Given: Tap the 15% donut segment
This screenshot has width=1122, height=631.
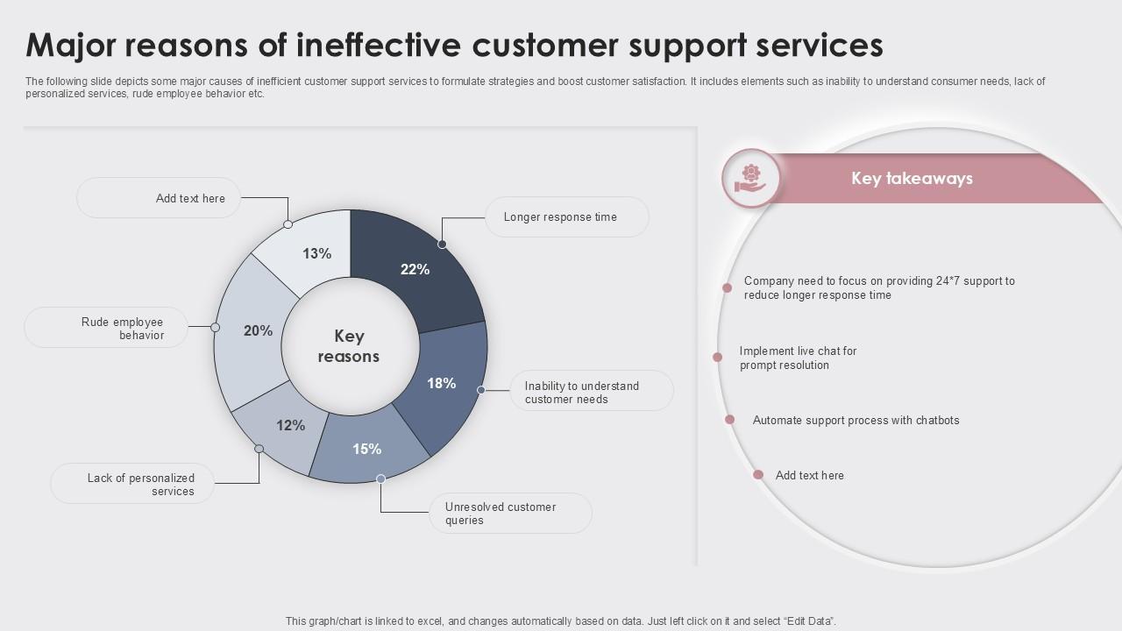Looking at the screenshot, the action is click(366, 449).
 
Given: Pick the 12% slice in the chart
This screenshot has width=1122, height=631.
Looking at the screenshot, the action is click(290, 426).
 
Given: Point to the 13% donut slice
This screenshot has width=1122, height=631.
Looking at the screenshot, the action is click(316, 253).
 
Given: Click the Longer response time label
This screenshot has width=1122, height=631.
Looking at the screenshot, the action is click(560, 217).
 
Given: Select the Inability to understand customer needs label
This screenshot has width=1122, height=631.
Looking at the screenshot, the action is click(582, 393).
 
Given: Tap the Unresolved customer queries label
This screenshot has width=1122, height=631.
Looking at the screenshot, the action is click(501, 514).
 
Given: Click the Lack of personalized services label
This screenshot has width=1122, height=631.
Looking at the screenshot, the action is click(140, 485).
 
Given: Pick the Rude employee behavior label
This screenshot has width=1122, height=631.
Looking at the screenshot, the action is click(123, 329).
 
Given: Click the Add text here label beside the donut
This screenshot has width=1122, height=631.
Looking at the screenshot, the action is click(190, 199).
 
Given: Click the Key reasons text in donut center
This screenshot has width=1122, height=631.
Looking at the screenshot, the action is click(349, 346).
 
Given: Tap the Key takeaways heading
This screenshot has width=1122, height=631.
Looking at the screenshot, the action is click(912, 179).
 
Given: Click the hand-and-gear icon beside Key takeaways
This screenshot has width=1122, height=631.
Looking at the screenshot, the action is click(750, 177).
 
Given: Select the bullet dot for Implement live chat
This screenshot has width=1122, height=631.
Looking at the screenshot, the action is click(717, 357).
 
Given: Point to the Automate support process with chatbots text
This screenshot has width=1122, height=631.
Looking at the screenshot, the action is click(856, 421).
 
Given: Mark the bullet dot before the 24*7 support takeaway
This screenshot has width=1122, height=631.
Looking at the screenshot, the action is click(727, 287).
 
